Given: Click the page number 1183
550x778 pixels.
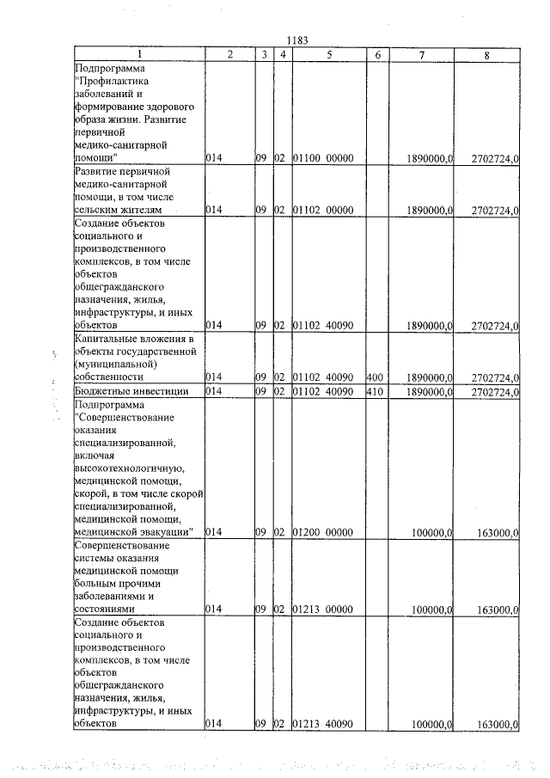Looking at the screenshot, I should click(x=296, y=40).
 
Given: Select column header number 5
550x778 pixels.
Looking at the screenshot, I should click(x=329, y=55).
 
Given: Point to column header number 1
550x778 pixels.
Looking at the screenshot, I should click(x=137, y=55).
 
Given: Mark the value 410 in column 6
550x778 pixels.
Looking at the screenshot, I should click(x=374, y=391).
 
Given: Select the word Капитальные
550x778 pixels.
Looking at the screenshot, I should click(x=107, y=339).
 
